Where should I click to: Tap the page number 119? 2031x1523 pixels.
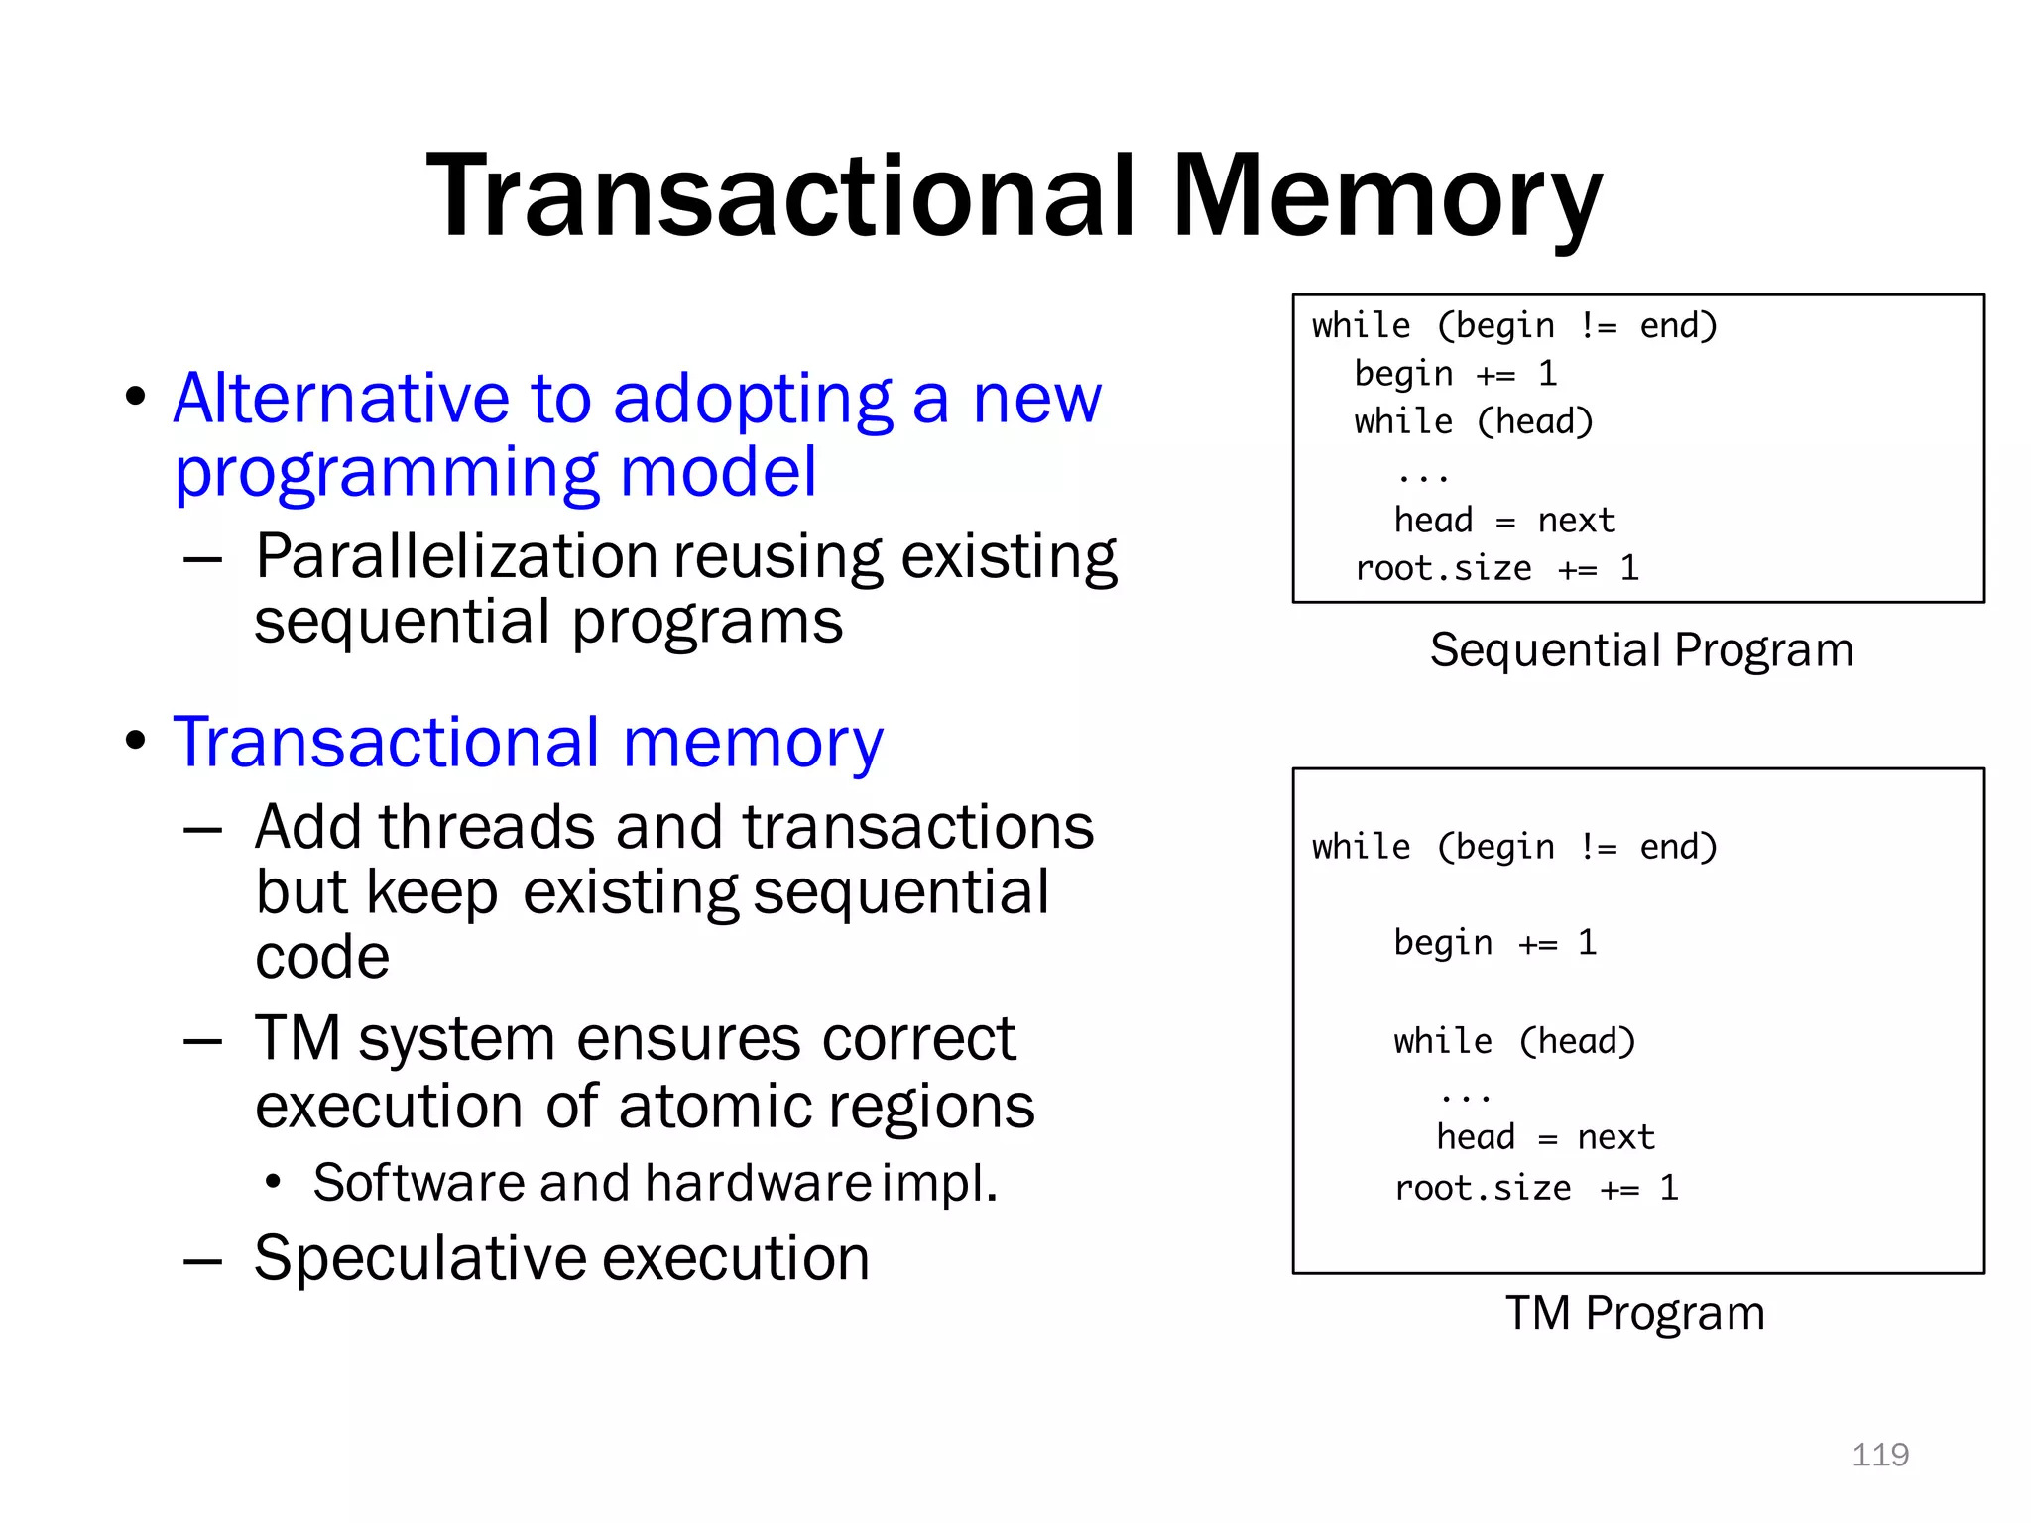(1879, 1455)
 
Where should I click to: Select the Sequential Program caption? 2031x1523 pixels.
(1641, 650)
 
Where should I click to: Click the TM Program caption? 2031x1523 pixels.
(1635, 1313)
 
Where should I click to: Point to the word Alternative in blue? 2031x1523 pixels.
(341, 399)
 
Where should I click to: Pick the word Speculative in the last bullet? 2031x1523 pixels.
(419, 1258)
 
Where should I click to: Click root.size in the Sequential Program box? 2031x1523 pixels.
(1443, 569)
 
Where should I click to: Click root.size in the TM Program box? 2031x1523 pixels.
(1483, 1188)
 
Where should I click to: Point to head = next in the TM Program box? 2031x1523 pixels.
(1545, 1137)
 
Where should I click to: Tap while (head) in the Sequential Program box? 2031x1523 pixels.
(1474, 422)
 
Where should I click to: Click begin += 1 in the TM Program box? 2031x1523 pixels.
(1494, 942)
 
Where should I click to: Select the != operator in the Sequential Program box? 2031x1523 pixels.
(1598, 326)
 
